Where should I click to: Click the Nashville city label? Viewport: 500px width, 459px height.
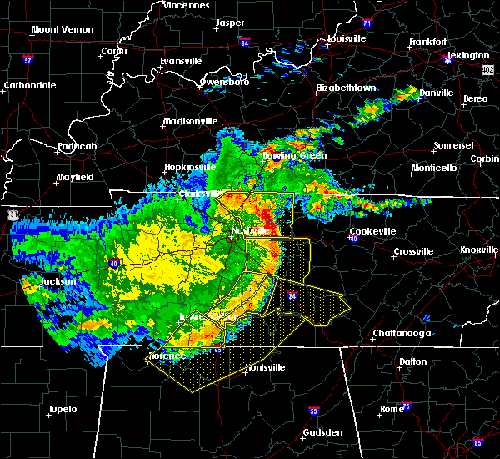(251, 230)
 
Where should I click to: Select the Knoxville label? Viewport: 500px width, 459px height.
(479, 250)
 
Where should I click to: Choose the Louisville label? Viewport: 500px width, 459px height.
(346, 38)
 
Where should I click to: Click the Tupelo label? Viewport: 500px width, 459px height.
(62, 409)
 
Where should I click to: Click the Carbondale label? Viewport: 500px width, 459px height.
(29, 85)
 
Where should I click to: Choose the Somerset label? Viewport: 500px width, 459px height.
(454, 146)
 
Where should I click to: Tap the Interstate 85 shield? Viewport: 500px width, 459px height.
(477, 442)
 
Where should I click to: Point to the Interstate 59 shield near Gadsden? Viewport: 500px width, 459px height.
(312, 411)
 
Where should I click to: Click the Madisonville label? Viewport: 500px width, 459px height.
(191, 121)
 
